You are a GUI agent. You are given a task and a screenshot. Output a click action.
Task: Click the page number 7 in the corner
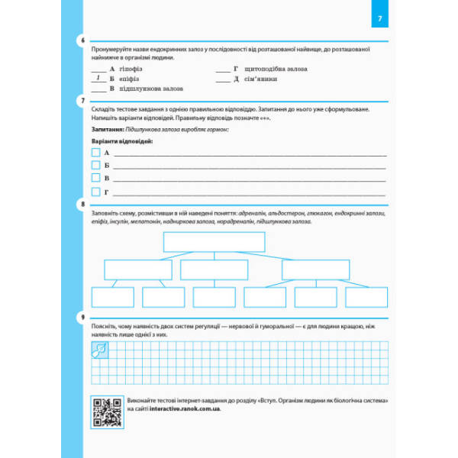(383, 18)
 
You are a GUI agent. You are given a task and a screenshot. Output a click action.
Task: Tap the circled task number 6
(82, 40)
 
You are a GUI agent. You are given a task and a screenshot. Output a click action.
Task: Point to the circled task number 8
(82, 205)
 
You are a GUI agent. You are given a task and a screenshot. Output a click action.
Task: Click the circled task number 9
(82, 317)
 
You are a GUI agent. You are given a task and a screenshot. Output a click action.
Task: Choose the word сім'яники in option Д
(261, 79)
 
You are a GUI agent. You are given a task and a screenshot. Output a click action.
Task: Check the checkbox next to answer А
(95, 153)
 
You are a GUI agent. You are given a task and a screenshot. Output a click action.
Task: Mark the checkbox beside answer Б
(95, 165)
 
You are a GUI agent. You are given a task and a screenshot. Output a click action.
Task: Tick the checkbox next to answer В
(95, 178)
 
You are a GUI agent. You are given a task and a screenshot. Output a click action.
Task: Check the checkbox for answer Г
(95, 191)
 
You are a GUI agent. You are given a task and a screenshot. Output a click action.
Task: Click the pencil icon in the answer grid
(98, 350)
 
